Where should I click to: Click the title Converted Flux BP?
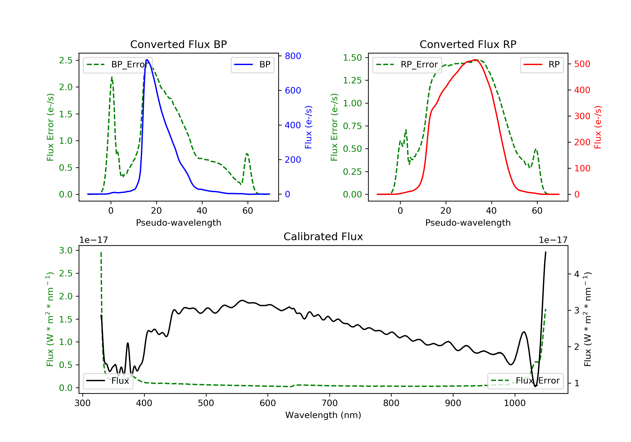[178, 44]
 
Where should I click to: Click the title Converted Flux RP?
[468, 44]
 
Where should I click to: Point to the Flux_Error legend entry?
[525, 381]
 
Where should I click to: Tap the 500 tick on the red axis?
[582, 64]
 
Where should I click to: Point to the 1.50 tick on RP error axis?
[352, 58]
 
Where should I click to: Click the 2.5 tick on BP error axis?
[66, 60]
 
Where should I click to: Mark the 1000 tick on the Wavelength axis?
[514, 403]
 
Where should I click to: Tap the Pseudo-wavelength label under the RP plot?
[468, 223]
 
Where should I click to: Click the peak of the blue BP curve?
[147, 60]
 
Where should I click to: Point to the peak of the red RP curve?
[475, 60]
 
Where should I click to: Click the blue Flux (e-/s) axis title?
[308, 127]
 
